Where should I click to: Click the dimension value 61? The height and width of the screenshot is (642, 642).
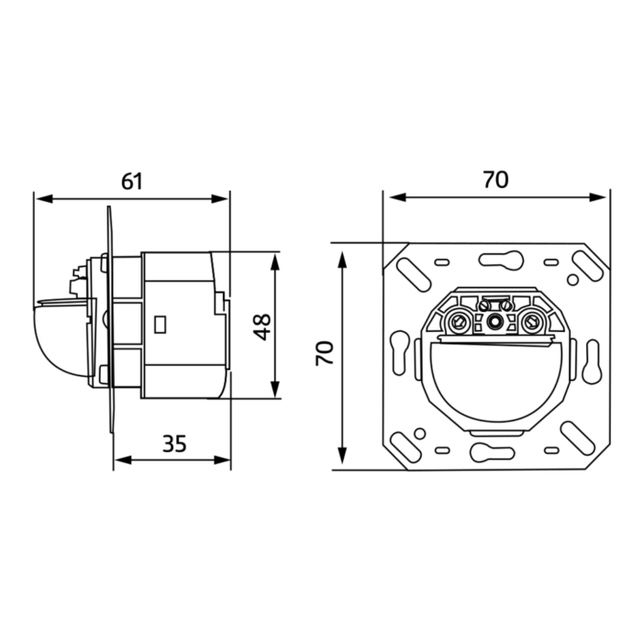pos(132,182)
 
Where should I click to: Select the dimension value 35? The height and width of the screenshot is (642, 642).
pos(174,443)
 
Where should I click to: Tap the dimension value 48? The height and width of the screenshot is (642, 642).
pos(262,327)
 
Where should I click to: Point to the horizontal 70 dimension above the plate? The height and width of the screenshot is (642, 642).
pos(496,180)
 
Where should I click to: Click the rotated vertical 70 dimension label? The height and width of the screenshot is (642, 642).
pos(325,353)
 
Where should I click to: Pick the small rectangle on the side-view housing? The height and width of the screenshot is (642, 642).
pos(160,325)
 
